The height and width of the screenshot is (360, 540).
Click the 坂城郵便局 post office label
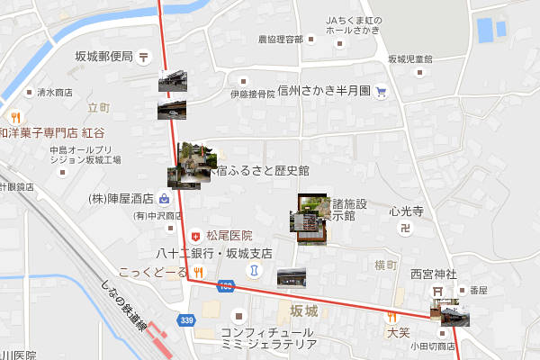click(x=103, y=56)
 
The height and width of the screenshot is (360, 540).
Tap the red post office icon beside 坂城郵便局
click(x=144, y=57)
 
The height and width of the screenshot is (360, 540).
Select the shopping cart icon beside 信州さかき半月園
click(x=381, y=90)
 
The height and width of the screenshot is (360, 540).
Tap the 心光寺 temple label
click(x=406, y=212)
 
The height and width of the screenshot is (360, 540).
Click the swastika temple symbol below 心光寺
click(x=405, y=230)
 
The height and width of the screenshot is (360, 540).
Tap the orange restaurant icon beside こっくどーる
click(x=197, y=271)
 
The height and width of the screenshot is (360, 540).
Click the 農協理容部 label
click(x=280, y=40)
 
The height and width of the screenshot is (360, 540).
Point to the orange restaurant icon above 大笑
click(x=391, y=316)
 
